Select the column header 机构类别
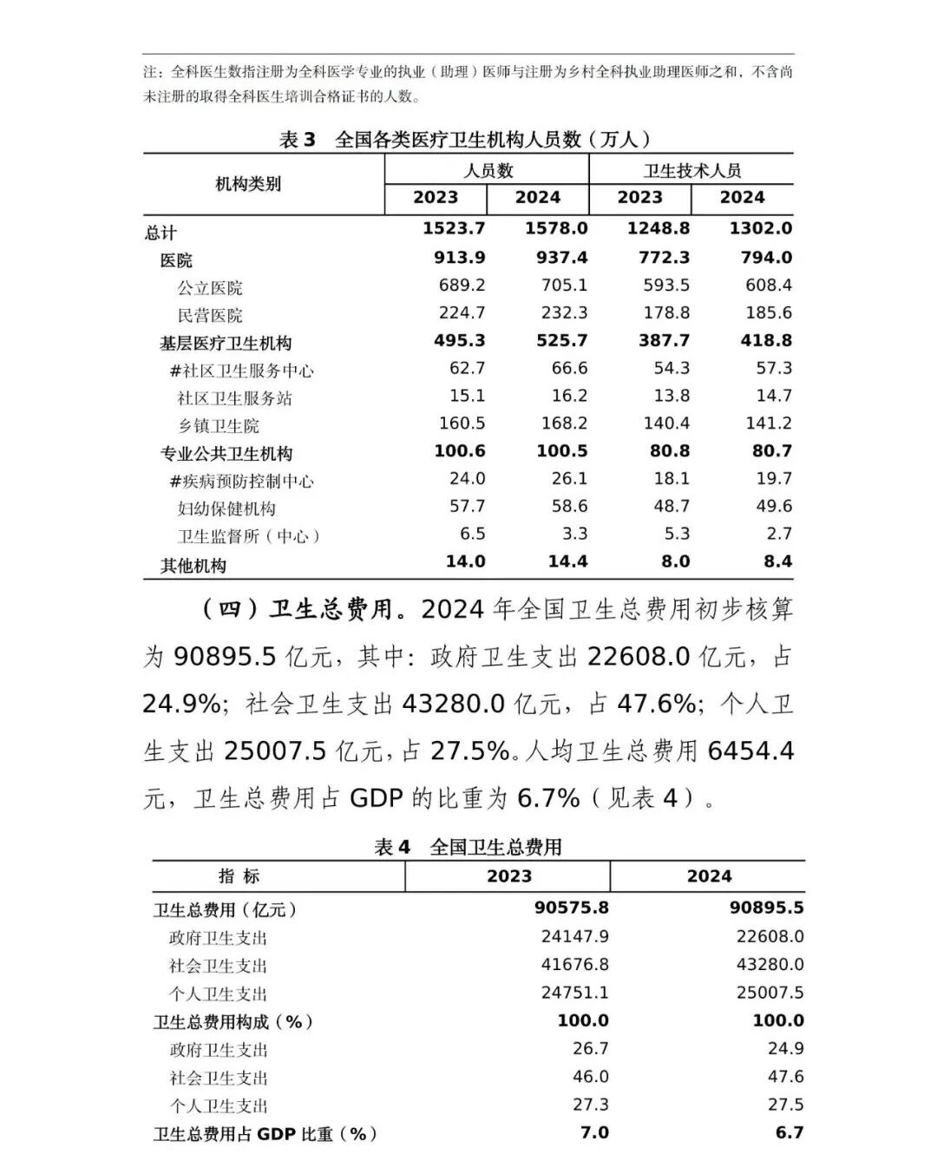click(x=248, y=184)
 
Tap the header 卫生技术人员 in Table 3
click(x=691, y=170)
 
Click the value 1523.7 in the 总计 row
click(x=453, y=229)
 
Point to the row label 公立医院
click(x=210, y=287)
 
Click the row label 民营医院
click(x=210, y=315)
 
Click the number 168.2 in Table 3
click(x=564, y=423)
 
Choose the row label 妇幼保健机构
click(x=226, y=508)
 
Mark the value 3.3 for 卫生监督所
click(x=574, y=534)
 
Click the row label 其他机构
click(x=193, y=566)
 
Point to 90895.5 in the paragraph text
click(x=225, y=657)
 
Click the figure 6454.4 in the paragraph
click(x=750, y=751)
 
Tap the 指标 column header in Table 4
click(x=239, y=876)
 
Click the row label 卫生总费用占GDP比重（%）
click(x=265, y=1134)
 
